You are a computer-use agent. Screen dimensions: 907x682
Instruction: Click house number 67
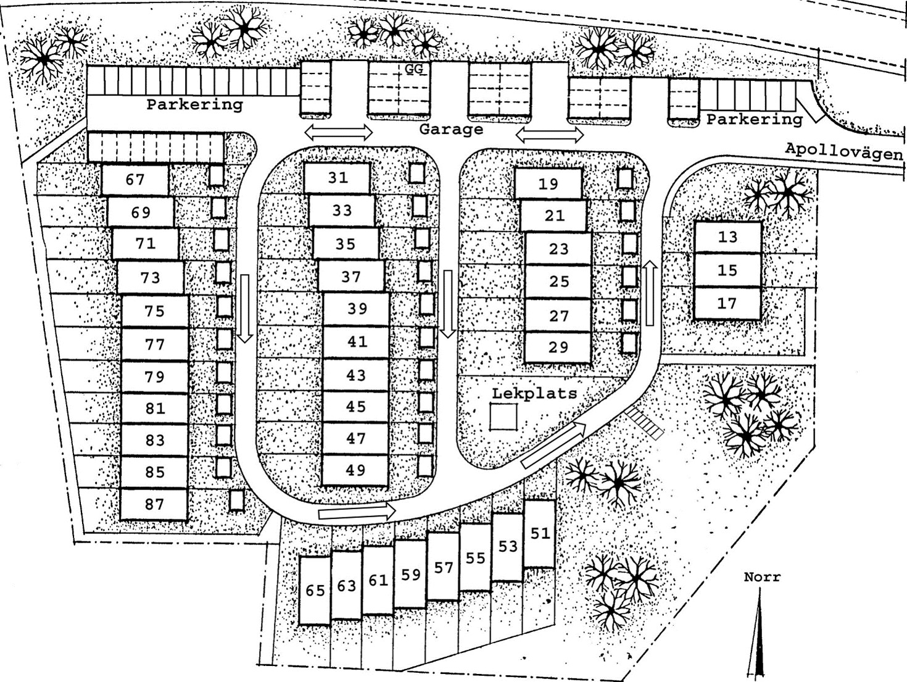coord(135,180)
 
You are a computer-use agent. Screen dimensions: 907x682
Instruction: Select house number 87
coord(154,504)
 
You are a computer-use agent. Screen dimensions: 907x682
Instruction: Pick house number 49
coord(355,470)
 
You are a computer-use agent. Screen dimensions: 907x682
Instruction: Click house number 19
coord(549,183)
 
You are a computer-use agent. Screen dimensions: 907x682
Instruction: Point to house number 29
coord(558,347)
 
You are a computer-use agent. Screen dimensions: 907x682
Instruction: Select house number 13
coord(727,237)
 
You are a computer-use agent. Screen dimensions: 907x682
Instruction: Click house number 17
coord(727,303)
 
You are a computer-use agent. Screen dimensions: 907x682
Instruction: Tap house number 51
coord(540,533)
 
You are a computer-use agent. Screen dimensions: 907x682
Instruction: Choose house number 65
coord(315,591)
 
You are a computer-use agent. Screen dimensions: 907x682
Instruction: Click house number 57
coord(444,567)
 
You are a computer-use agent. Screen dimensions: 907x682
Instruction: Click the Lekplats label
coord(534,393)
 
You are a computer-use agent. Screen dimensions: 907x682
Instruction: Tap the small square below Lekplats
coord(503,417)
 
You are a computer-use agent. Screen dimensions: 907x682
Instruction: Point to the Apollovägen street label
coord(844,151)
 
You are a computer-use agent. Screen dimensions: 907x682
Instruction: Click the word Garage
coord(451,129)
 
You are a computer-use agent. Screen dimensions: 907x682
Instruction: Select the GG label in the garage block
coord(414,69)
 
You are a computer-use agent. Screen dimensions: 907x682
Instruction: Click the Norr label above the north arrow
coord(763,577)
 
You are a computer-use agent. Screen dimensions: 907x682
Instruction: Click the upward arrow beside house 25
coord(650,293)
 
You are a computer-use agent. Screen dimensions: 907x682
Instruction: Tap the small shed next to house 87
coord(237,501)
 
